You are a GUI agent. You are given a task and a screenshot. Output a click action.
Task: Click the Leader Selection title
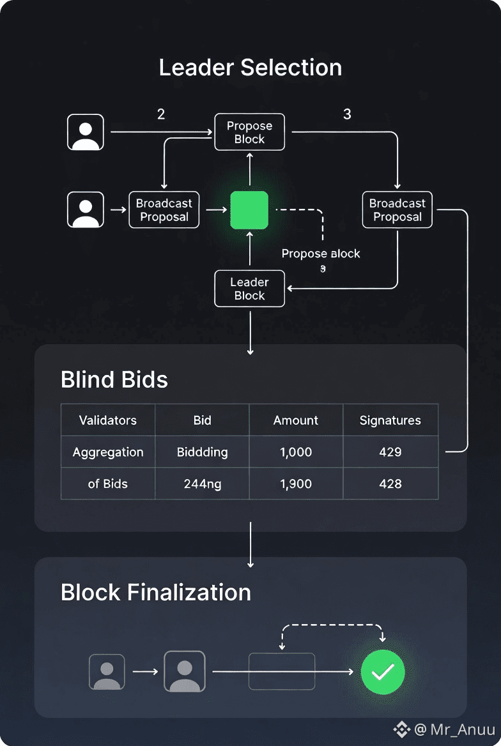[250, 68]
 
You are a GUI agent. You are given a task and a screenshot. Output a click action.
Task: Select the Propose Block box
[249, 133]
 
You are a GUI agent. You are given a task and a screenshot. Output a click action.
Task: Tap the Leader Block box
[249, 289]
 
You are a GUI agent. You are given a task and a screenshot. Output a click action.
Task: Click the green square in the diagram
[249, 210]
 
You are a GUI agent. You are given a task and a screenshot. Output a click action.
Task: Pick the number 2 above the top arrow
[161, 114]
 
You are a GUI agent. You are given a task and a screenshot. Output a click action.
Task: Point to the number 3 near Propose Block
[347, 114]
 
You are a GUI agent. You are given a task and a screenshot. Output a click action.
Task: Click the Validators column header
[108, 420]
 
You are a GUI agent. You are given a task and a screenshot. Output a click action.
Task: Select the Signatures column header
[390, 420]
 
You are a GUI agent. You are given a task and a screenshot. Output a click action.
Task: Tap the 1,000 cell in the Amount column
[296, 452]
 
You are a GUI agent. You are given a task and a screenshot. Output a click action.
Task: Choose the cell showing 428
[390, 483]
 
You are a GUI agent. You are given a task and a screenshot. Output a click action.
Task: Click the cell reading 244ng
[202, 483]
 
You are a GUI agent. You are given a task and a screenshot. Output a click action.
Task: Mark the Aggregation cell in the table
[108, 452]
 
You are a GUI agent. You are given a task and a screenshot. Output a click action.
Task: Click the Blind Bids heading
[114, 380]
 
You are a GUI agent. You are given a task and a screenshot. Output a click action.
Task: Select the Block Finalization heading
[156, 593]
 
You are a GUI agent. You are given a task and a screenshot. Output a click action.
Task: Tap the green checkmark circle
[383, 672]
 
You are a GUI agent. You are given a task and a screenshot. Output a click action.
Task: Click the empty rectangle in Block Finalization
[282, 671]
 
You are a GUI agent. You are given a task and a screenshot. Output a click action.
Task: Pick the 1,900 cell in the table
[296, 483]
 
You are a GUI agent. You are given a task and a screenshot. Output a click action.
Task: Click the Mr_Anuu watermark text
[454, 729]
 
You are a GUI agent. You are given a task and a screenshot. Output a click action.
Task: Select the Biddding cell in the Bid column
[202, 452]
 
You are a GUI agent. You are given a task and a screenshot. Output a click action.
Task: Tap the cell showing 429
[390, 452]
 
